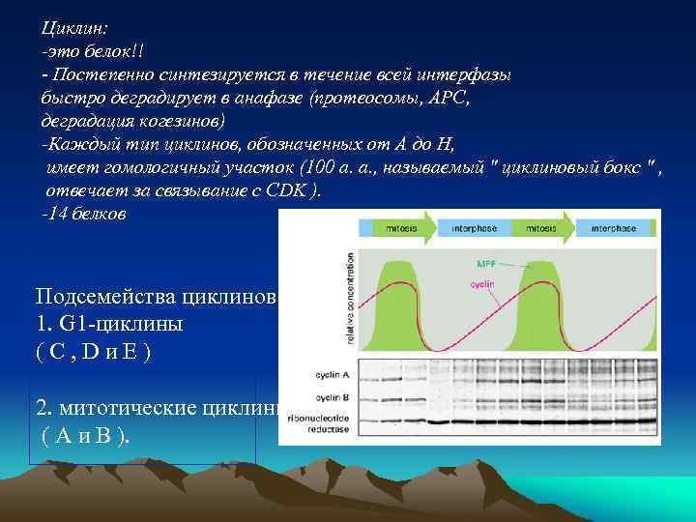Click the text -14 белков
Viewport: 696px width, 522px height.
click(83, 214)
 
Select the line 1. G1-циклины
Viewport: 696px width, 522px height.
click(108, 323)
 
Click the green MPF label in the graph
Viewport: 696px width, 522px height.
click(489, 263)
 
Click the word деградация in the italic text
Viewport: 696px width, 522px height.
click(81, 122)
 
